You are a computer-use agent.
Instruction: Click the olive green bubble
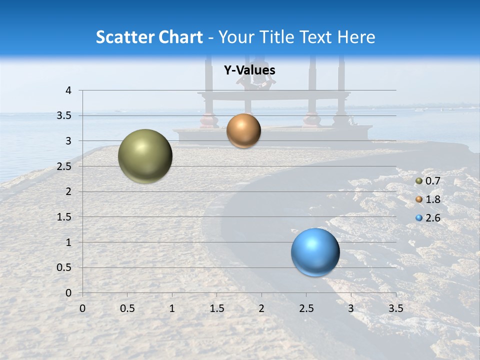145,156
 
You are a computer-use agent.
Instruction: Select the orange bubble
243,130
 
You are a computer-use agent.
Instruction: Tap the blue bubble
315,252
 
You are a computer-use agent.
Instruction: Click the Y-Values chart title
249,70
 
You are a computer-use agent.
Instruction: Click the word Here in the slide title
356,37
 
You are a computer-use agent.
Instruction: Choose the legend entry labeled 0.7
428,181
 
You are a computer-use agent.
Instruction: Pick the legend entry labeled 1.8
428,199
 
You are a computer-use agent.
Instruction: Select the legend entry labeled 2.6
428,218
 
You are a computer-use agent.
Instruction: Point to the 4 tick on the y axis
68,90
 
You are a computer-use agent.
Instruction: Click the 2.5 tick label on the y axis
64,166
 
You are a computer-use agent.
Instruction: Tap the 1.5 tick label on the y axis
64,217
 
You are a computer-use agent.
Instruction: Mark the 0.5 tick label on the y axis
64,267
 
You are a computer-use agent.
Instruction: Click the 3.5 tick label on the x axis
395,308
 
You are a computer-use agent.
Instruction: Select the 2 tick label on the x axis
261,308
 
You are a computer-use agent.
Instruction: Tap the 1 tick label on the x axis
172,308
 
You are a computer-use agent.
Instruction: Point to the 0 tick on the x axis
82,308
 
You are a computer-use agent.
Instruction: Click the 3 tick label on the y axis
68,141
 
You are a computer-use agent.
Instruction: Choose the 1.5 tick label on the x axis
216,308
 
